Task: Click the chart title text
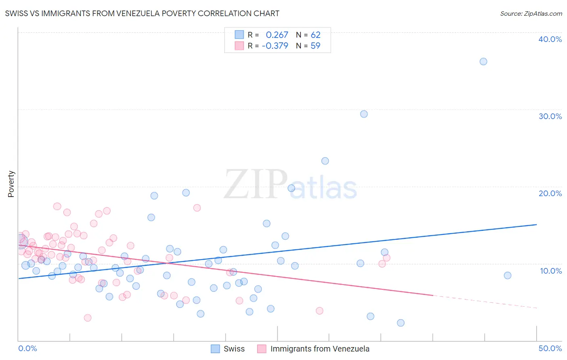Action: (142, 13)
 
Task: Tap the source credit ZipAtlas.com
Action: (531, 13)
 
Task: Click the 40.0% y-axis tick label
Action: (550, 39)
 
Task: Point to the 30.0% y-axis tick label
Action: (550, 116)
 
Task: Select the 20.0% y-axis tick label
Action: (550, 193)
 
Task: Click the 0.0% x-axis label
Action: (27, 348)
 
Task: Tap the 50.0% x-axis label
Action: (550, 348)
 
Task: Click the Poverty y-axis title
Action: (11, 184)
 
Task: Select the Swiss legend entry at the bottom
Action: (228, 349)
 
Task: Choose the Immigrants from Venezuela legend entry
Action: (314, 349)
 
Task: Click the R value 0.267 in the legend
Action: (277, 35)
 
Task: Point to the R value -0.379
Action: (275, 46)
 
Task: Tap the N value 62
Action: (315, 35)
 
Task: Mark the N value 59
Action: (315, 46)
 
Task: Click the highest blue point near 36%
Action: (483, 61)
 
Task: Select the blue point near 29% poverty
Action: (364, 114)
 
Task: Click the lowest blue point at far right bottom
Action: (400, 323)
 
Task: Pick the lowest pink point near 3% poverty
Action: (88, 318)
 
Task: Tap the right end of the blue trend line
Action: (536, 224)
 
